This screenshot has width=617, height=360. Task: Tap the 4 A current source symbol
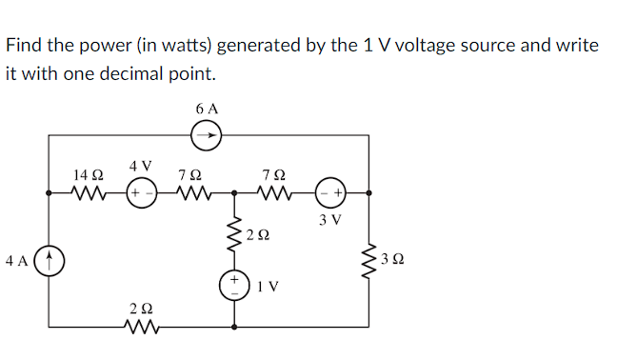[50, 259]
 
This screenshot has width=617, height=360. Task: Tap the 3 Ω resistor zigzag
[368, 259]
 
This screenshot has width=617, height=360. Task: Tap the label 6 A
[207, 110]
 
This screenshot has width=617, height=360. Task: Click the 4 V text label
[141, 166]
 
